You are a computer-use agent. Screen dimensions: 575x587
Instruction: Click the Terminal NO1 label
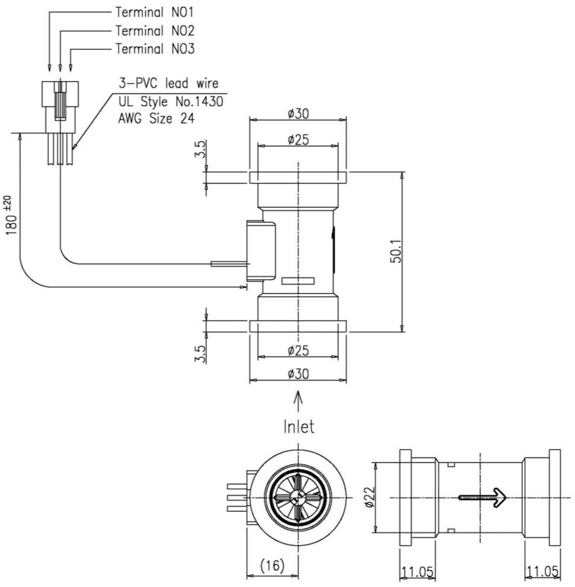(155, 12)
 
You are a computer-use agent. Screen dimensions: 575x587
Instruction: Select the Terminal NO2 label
(155, 31)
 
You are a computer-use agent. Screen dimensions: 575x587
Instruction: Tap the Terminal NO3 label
(155, 49)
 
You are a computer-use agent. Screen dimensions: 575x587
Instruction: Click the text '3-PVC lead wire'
(169, 83)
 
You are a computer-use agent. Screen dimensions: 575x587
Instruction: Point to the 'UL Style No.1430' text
(171, 101)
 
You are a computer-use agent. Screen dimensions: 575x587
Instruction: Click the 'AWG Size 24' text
(156, 119)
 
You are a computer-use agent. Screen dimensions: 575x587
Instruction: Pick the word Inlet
(299, 427)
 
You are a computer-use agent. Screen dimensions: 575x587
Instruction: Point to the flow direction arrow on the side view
(482, 498)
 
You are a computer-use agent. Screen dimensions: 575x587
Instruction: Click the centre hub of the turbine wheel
(297, 498)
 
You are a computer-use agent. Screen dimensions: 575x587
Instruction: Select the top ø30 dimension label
(298, 113)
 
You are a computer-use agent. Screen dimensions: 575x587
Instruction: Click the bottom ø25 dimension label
(298, 350)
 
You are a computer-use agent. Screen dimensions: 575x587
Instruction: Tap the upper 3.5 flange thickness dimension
(200, 149)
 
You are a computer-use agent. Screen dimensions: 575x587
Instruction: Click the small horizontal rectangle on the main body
(298, 281)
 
